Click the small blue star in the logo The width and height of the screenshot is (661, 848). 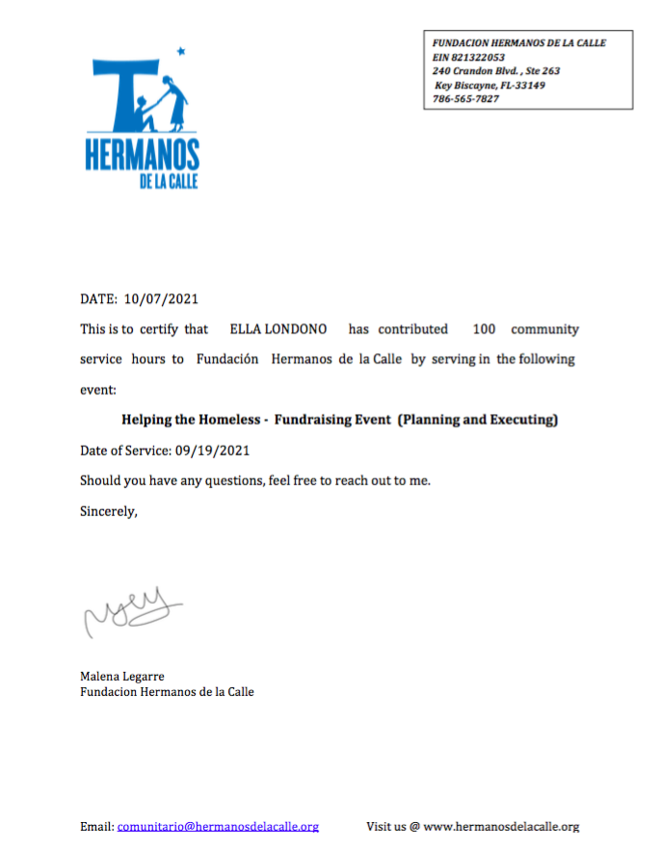point(181,51)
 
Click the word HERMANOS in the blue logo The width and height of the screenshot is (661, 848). point(142,154)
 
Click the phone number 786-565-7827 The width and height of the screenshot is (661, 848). point(466,99)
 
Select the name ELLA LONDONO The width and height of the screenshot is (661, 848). point(278,329)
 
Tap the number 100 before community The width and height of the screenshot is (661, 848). point(485,329)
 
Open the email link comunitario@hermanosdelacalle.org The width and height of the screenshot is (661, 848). point(218,826)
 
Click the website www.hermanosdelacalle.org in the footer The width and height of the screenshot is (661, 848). point(501,826)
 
